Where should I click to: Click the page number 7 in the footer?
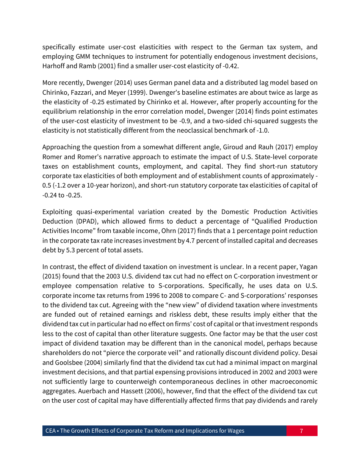[x=301, y=431]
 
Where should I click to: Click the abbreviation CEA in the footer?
[x=50, y=431]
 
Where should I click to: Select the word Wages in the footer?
[x=236, y=431]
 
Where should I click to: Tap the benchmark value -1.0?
[x=269, y=130]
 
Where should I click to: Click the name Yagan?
[x=307, y=266]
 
